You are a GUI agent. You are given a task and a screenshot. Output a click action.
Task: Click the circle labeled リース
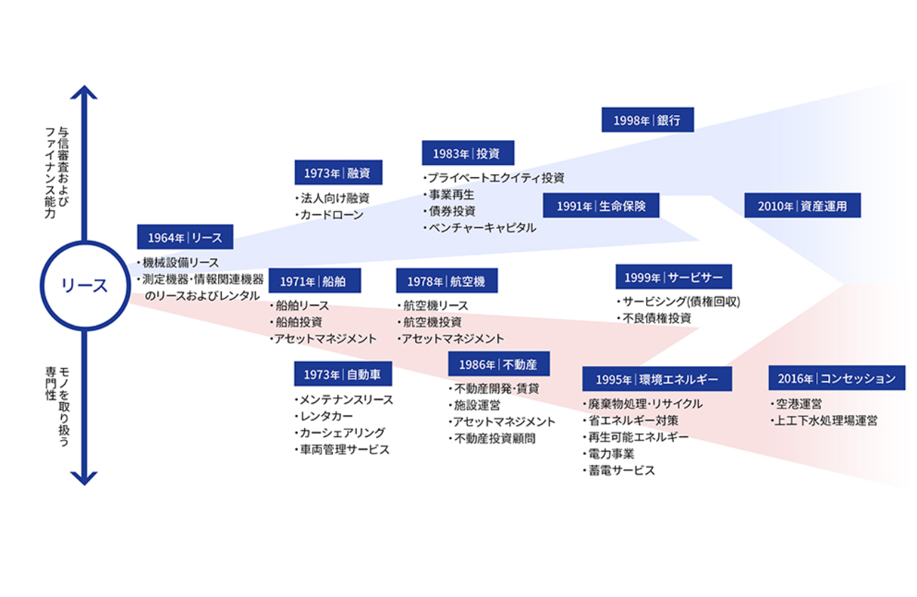pos(85,286)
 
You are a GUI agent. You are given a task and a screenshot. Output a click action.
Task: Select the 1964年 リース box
pos(185,237)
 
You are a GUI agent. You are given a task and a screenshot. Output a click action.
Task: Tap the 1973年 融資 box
pos(338,173)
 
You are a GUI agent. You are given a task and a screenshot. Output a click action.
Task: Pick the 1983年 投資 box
pos(468,153)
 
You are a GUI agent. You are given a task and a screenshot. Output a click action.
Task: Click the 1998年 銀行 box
pos(648,120)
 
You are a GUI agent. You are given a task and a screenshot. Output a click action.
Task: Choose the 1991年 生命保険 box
pos(601,205)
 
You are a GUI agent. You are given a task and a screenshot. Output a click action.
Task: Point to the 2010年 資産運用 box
pos(802,205)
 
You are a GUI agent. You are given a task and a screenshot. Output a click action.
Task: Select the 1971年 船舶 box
pos(314,281)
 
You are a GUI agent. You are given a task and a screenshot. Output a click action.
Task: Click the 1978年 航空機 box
pos(446,281)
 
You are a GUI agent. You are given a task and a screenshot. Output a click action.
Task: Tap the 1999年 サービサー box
pos(673,277)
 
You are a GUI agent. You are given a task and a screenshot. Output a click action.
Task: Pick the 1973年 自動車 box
pos(343,374)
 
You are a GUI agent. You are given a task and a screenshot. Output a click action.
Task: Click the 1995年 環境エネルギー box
pos(657,379)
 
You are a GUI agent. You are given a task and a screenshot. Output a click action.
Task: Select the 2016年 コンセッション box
pos(836,378)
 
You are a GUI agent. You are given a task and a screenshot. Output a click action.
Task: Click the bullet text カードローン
pos(332,215)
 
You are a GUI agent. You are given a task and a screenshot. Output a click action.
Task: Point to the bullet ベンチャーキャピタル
pos(481,228)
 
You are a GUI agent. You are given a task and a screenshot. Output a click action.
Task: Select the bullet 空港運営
pos(799,404)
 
